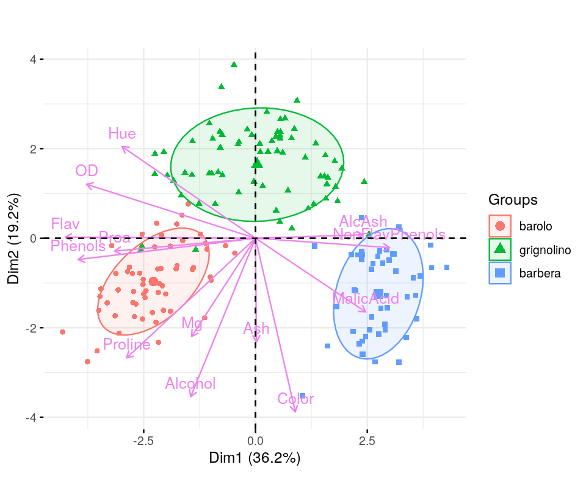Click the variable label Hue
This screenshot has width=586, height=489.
pos(122,133)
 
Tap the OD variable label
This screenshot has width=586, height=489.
pos(87,171)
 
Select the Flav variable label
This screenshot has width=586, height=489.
pos(65,224)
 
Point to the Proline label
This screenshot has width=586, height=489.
pos(126,344)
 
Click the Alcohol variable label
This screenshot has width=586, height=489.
pos(190,383)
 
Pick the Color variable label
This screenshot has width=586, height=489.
pos(295,399)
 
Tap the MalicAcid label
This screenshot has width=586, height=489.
pos(366,299)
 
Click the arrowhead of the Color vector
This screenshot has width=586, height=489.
pos(296,411)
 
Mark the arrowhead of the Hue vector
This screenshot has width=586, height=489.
pos(123,147)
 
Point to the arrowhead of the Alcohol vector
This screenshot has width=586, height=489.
pos(191,396)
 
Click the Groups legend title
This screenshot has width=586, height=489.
pos(513,200)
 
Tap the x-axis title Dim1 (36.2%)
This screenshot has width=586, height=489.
pos(255,458)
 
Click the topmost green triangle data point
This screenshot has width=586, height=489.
pos(233,64)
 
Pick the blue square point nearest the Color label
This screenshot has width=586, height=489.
pos(302,395)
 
